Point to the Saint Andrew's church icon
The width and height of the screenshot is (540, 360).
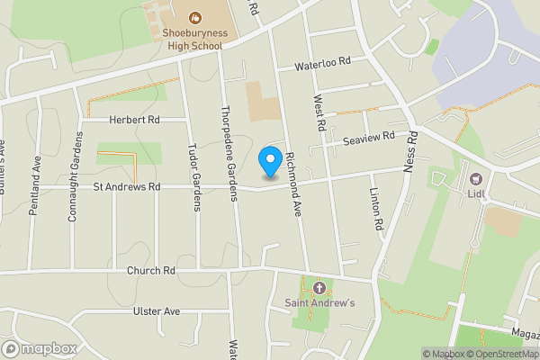[x=320, y=288]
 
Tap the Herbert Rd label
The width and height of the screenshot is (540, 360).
[x=134, y=120]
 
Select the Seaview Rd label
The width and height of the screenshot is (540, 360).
[x=368, y=138]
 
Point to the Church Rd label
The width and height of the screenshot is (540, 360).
[x=150, y=270]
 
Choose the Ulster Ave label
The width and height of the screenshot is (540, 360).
[x=157, y=311]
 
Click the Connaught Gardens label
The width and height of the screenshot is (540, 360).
[x=76, y=179]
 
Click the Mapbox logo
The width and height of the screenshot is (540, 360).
[x=40, y=349]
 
